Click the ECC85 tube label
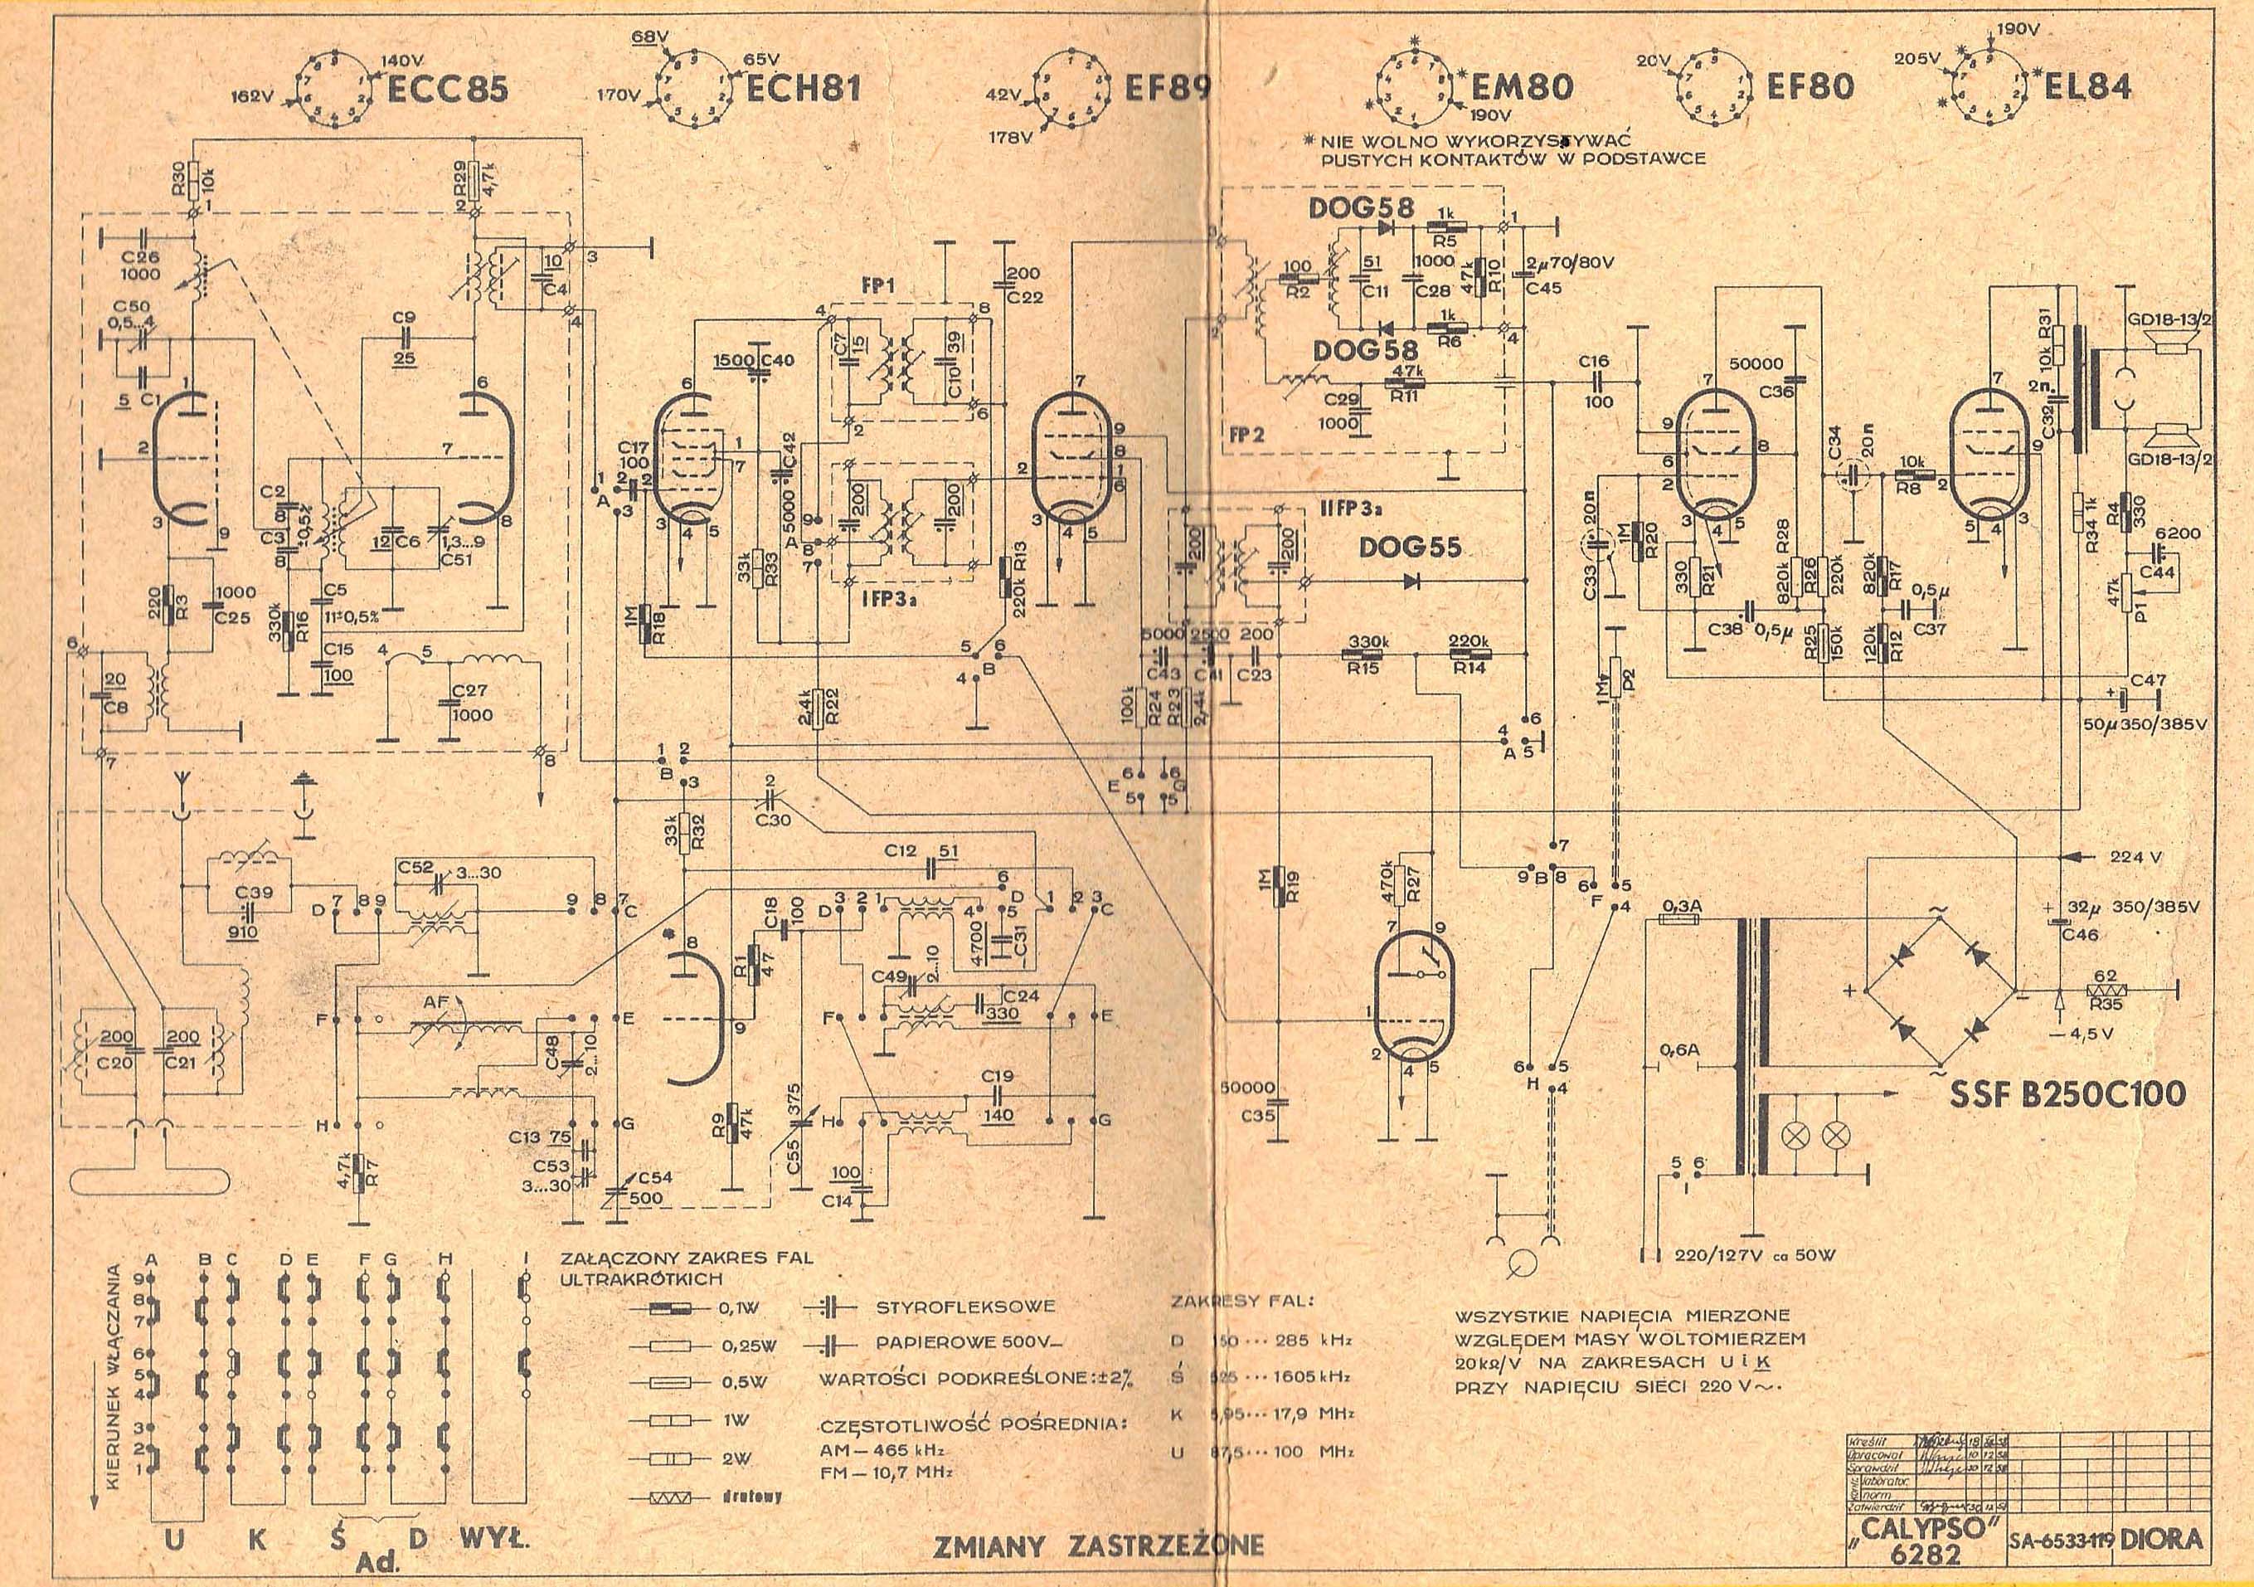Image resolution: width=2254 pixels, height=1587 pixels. (x=447, y=90)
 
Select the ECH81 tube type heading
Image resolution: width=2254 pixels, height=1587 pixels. (x=803, y=90)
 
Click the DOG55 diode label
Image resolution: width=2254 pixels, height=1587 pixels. (x=1411, y=548)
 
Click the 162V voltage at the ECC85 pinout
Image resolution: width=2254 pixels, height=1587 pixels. (x=251, y=97)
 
